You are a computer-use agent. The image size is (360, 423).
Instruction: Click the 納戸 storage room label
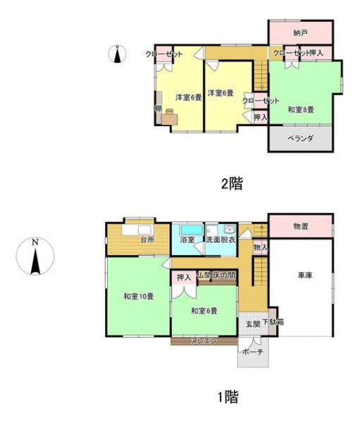coord(300,33)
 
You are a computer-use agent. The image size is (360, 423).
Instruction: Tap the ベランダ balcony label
coord(300,138)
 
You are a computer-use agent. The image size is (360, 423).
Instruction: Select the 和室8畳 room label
coord(301,109)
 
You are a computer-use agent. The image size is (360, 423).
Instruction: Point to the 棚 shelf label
coord(158,109)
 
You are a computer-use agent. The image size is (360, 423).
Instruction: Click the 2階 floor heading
coord(232,183)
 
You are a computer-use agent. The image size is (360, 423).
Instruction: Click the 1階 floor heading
coord(228,397)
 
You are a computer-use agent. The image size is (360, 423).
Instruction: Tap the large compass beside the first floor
coord(35,256)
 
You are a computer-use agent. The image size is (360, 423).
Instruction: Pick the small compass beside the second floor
coord(118,54)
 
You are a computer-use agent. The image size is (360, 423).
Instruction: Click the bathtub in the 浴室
coord(192,230)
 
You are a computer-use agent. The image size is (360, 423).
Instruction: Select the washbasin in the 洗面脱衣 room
coord(230,230)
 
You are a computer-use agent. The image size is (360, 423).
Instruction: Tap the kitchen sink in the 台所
coord(146,230)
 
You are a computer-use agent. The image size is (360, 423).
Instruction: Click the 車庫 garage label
coord(305,276)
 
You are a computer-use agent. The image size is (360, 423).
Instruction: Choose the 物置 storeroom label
coord(301,226)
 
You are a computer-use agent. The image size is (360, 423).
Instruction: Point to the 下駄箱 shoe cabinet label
coord(273,322)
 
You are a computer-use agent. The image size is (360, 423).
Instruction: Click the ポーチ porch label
coord(253,352)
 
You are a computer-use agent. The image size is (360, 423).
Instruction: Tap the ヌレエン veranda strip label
coord(204,341)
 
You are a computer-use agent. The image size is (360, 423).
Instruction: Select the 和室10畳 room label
coord(139,296)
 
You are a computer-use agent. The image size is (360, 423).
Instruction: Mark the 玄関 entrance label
coord(253,324)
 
